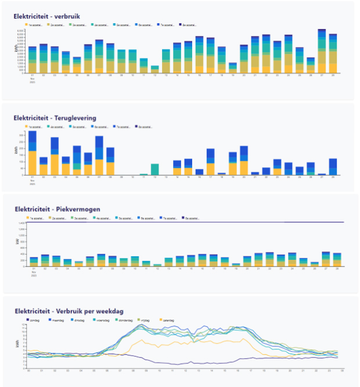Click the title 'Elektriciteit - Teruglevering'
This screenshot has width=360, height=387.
(x=55, y=118)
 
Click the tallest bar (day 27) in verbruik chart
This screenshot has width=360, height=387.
(x=322, y=51)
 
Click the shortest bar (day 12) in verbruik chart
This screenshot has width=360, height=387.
(x=154, y=69)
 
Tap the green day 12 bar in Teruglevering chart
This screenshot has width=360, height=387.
(x=154, y=169)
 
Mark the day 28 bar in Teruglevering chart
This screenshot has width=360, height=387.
(x=333, y=167)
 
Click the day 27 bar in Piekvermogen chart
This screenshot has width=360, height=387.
(x=326, y=259)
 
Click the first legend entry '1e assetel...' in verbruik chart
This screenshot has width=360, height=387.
(x=39, y=26)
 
